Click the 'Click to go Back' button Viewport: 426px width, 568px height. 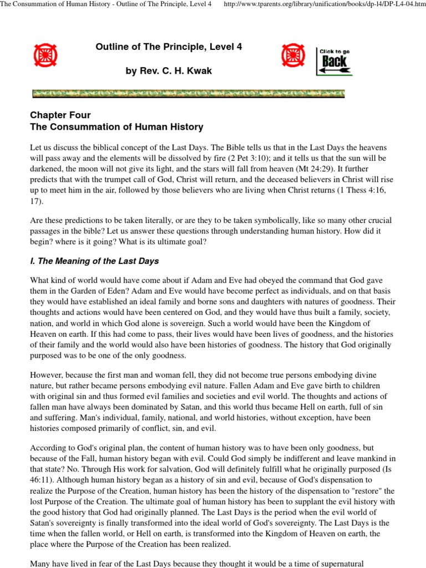334,61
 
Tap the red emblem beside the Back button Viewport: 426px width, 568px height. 292,55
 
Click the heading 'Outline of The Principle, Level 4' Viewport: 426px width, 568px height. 169,47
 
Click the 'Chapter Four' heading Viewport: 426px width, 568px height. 60,115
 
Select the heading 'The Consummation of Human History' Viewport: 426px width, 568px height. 116,127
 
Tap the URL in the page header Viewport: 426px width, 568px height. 324,4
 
